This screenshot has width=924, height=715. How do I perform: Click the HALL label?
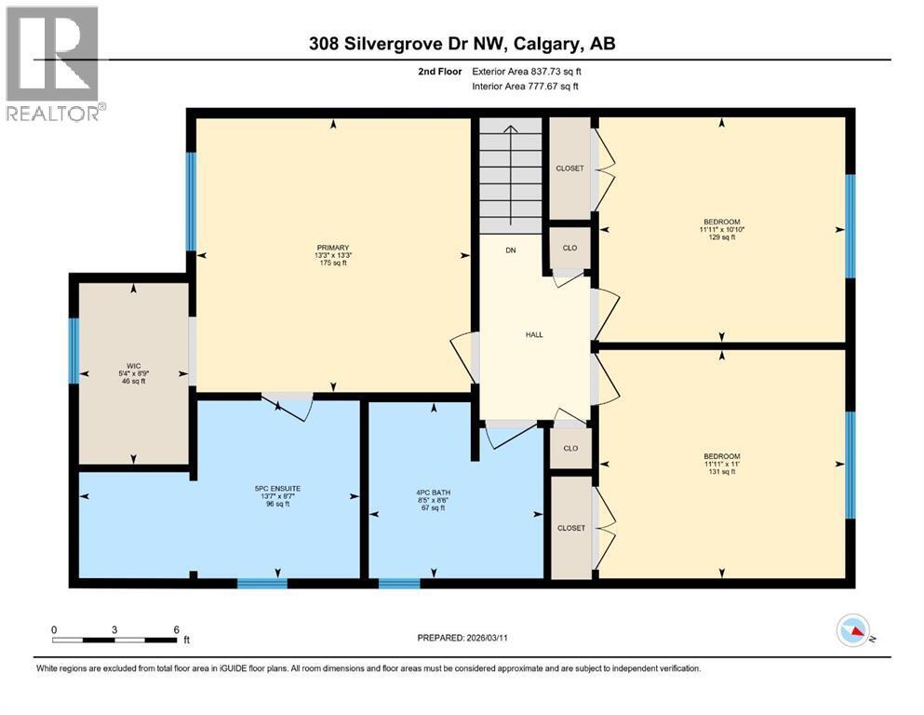coord(534,335)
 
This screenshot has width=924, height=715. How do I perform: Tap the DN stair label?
coord(511,250)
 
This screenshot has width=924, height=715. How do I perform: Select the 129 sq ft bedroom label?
coord(722,229)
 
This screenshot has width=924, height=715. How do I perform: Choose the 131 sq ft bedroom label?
coord(722,463)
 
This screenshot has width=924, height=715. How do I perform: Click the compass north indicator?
coord(853,631)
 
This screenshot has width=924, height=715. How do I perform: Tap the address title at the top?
coord(462,44)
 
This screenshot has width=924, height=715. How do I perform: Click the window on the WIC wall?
coord(74,351)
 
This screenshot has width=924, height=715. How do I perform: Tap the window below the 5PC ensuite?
coord(261,584)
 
